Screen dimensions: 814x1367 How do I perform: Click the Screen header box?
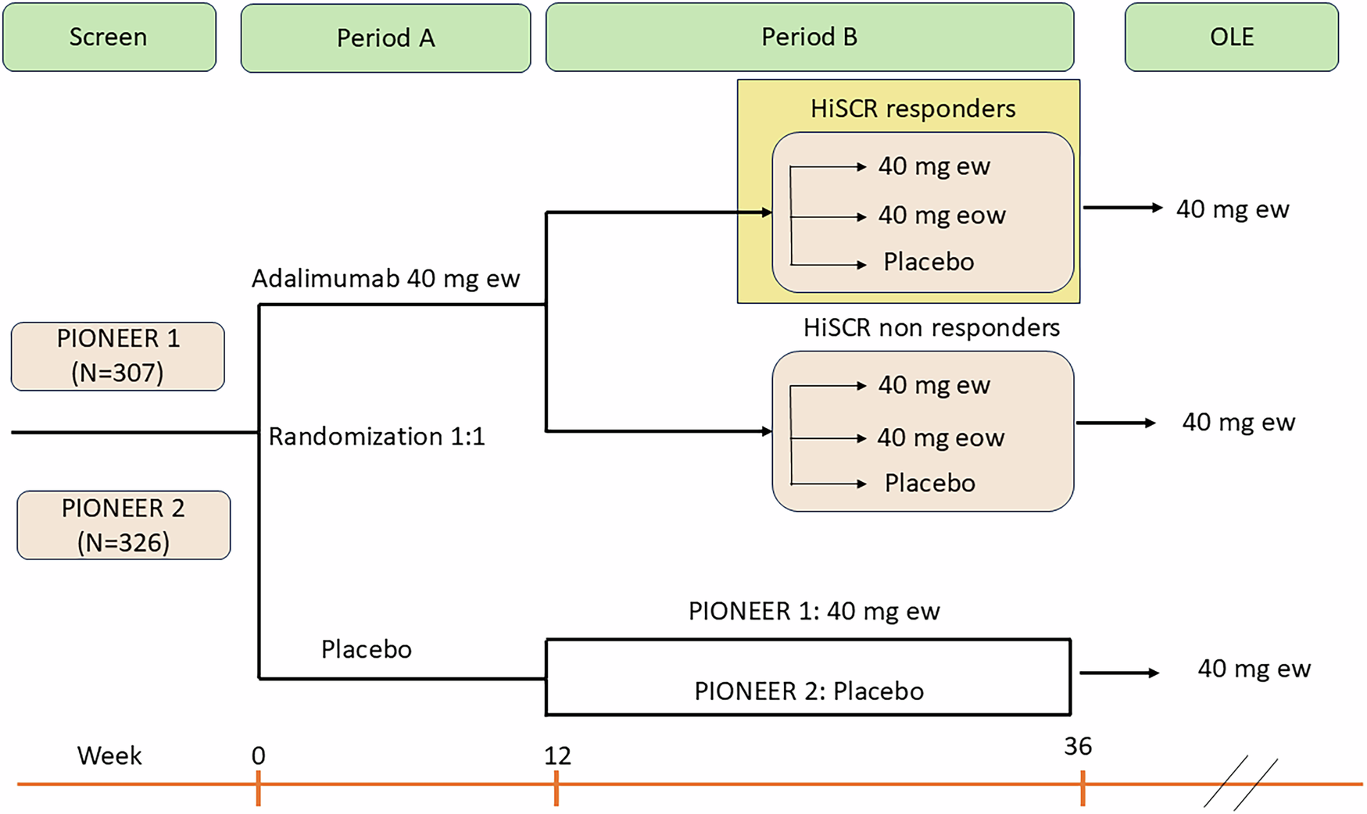point(109,37)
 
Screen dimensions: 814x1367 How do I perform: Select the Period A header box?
point(385,37)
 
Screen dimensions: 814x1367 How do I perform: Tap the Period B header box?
point(809,37)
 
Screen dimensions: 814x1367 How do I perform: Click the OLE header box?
point(1231,37)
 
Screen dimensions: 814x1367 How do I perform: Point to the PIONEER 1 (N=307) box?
point(118,356)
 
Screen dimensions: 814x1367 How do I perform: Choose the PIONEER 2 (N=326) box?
point(123,525)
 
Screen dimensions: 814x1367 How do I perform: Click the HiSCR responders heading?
point(913,109)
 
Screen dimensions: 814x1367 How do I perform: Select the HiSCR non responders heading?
point(931,327)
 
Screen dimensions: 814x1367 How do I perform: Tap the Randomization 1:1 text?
point(376,436)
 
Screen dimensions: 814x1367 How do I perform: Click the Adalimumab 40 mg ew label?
point(385,279)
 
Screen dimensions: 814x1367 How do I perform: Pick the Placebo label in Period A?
point(366,649)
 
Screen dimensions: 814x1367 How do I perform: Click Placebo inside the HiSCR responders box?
point(929,262)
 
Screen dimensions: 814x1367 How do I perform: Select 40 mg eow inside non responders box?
point(940,437)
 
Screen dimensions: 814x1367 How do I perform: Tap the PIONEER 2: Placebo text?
point(809,691)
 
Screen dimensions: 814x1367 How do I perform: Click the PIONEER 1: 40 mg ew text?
point(814,611)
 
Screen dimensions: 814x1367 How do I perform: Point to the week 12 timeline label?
point(557,755)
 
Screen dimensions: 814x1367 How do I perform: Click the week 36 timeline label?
point(1077,746)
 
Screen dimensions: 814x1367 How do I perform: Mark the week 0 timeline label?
point(258,755)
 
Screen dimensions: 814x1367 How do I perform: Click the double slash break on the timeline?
point(1240,783)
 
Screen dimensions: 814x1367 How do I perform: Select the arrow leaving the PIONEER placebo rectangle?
point(1119,673)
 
